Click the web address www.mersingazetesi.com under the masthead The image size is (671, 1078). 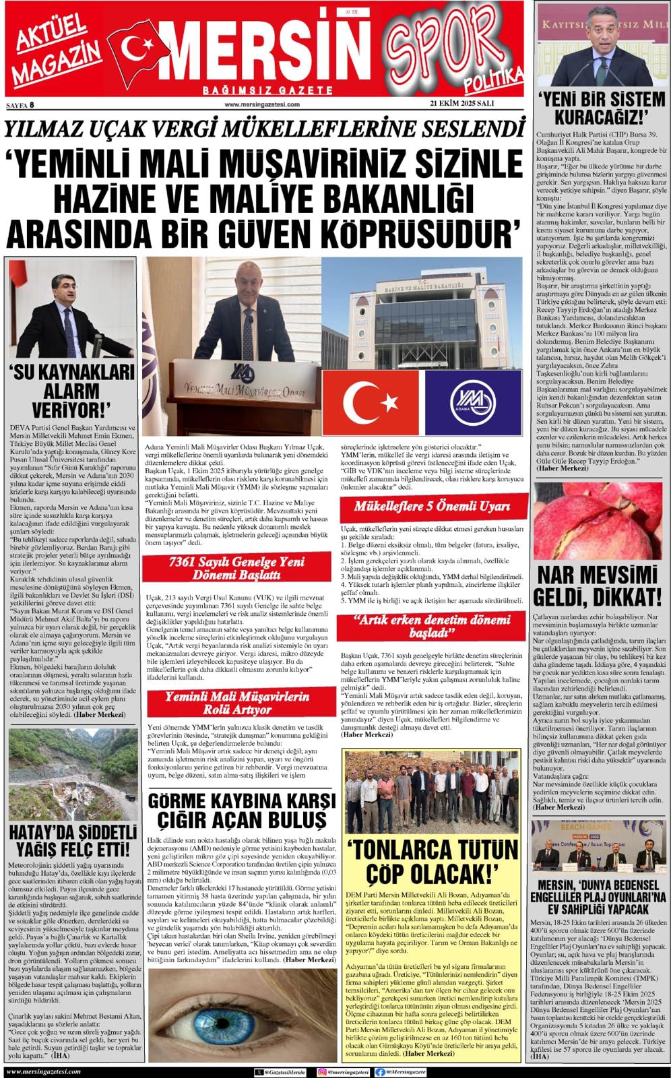pyautogui.click(x=261, y=104)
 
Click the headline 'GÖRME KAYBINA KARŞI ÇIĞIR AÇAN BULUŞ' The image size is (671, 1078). pyautogui.click(x=241, y=810)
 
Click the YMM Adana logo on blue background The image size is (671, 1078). pyautogui.click(x=473, y=403)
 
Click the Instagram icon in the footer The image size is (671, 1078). pyautogui.click(x=321, y=1071)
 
